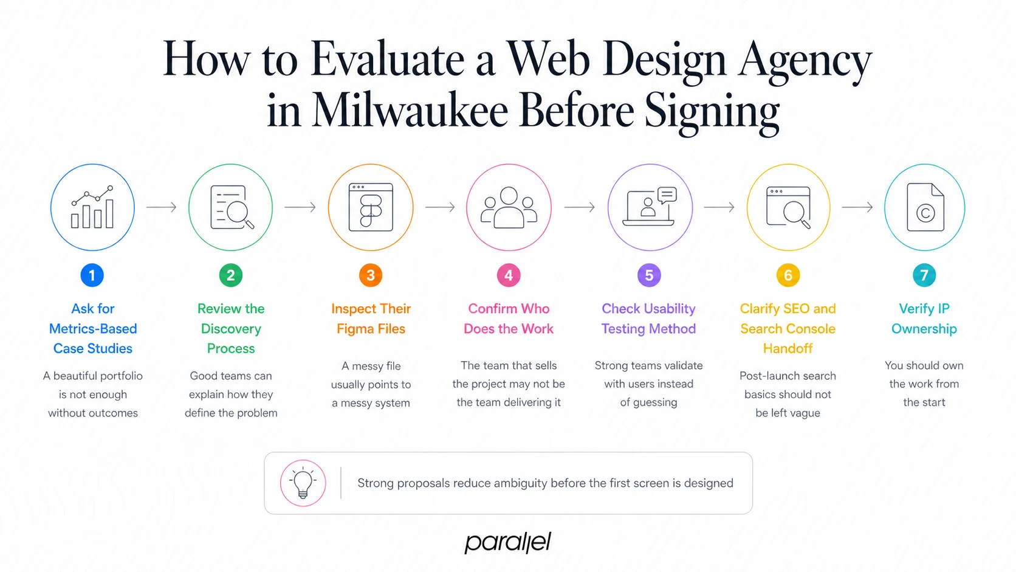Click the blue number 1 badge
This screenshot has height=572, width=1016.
point(92,275)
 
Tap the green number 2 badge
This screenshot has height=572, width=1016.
point(231,275)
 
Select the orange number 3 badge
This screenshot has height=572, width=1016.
point(371,275)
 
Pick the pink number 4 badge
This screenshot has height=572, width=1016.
point(509,275)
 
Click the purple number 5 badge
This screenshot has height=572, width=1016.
point(649,275)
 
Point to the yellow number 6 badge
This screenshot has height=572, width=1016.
point(788,275)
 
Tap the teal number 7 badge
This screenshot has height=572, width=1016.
point(924,275)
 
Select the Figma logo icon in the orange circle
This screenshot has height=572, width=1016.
point(371,208)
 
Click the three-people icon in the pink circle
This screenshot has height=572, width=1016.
point(509,208)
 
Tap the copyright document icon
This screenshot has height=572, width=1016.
point(925,208)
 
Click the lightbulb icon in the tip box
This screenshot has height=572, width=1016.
point(303,483)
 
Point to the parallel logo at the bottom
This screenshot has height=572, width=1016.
point(508,542)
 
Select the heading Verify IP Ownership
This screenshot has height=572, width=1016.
point(924,319)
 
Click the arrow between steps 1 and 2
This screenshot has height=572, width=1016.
point(162,207)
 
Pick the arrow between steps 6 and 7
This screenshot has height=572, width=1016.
point(857,207)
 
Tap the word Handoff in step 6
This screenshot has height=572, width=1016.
point(788,349)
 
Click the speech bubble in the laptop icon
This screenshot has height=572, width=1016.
point(667,195)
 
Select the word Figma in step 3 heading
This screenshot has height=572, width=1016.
point(355,329)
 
